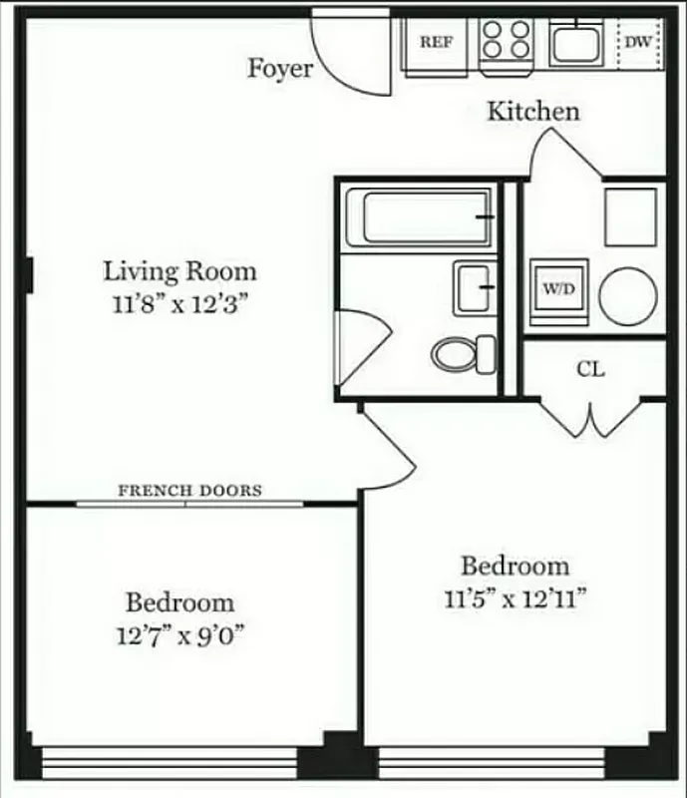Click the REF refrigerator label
coord(435,42)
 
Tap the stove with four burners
coord(506,42)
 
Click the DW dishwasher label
coord(638,42)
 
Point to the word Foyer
coord(279,69)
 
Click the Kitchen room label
coord(532,111)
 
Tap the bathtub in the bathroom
coord(427,216)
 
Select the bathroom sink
coord(474,287)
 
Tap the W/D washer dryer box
coord(557,290)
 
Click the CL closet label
coord(590,369)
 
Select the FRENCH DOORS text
coord(189,491)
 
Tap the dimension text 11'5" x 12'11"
coord(515,598)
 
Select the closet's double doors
coord(592,419)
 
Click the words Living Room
coord(179,270)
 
